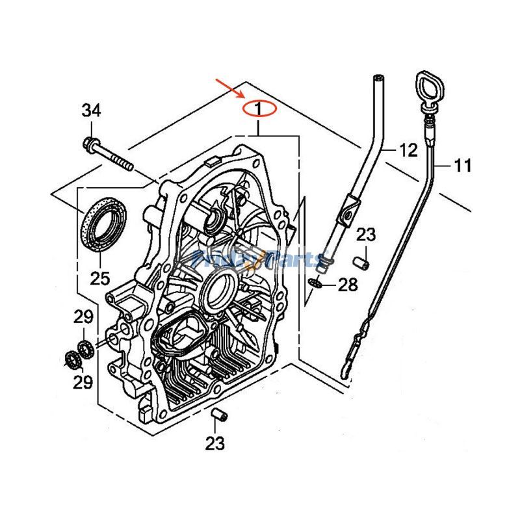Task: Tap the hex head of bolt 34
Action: point(89,142)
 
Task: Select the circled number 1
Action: point(258,107)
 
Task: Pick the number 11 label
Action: point(462,166)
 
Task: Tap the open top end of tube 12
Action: point(376,79)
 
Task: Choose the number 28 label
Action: point(348,284)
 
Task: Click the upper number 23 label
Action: point(366,235)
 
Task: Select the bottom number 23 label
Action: point(215,443)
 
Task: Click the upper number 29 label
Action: point(83,318)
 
